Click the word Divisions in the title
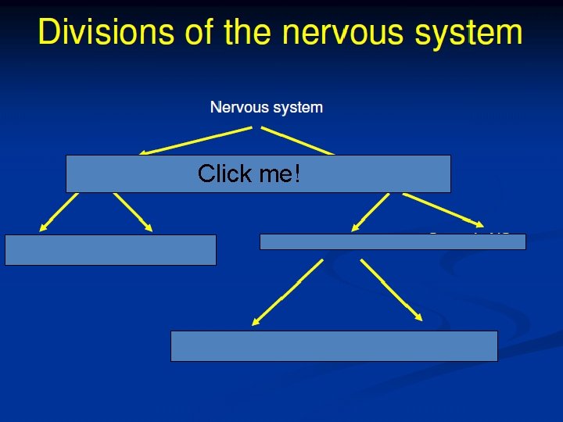(x=96, y=32)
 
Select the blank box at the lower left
(x=110, y=249)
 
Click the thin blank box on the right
(x=393, y=241)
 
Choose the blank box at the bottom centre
(x=334, y=345)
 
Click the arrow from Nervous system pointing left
(x=195, y=141)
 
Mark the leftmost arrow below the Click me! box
(x=59, y=212)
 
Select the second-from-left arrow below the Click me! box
(x=133, y=212)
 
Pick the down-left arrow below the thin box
(x=287, y=291)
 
